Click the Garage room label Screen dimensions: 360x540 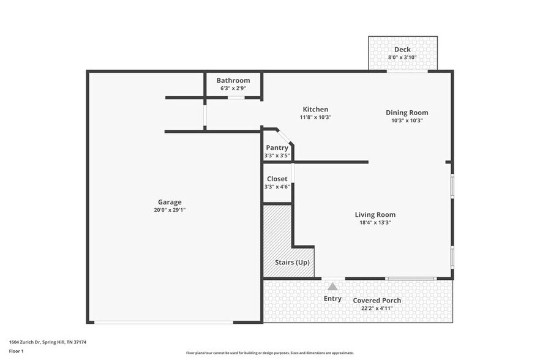pos(170,202)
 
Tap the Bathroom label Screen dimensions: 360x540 pos(233,80)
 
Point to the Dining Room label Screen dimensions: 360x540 pos(407,113)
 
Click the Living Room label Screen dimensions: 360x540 pos(375,215)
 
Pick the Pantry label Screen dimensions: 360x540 pos(277,148)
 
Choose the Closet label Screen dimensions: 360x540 pos(277,179)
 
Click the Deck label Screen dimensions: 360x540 pos(402,50)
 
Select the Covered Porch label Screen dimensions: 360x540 pos(377,301)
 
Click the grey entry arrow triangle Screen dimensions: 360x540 pos(332,286)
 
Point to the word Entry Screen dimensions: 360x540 pos(332,299)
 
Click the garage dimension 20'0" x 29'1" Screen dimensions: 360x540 pos(170,210)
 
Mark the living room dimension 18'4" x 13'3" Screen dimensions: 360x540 pos(375,222)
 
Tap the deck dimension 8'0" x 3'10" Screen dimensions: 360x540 pos(402,58)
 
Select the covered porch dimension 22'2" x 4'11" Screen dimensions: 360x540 pos(377,308)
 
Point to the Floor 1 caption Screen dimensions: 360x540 pos(16,351)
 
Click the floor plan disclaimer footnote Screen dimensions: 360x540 pos(269,353)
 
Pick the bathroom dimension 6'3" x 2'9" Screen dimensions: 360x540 pos(233,88)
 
